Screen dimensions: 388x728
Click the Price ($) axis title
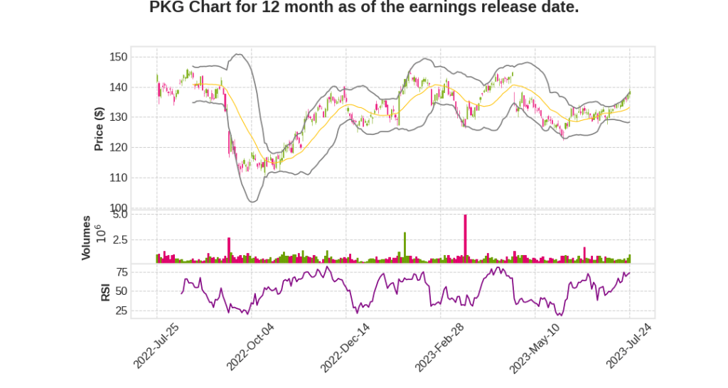pyautogui.click(x=100, y=129)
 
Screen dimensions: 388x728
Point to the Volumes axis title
pyautogui.click(x=86, y=237)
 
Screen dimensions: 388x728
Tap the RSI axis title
pyautogui.click(x=105, y=291)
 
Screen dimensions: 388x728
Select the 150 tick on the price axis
pyautogui.click(x=119, y=57)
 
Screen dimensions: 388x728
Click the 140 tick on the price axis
pyautogui.click(x=119, y=87)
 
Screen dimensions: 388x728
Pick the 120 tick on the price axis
pyautogui.click(x=119, y=148)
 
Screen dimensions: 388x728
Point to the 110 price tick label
pyautogui.click(x=119, y=178)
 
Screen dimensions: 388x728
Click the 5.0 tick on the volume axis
pyautogui.click(x=119, y=214)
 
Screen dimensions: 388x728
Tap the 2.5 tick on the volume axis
pyautogui.click(x=119, y=240)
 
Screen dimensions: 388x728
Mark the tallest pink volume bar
pyautogui.click(x=465, y=239)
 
